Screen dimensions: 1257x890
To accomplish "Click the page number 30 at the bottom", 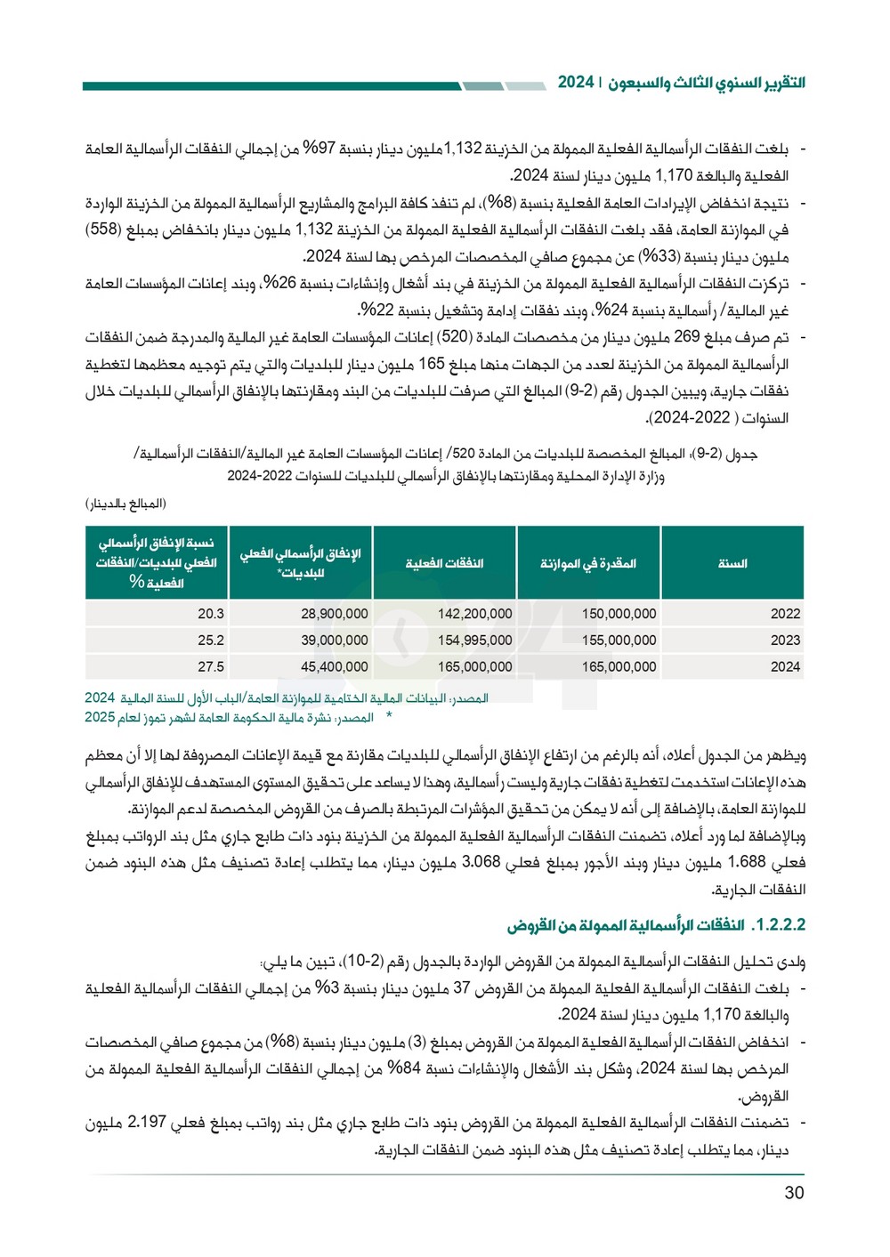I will tap(794, 1193).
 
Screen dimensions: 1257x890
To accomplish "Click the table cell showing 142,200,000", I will tap(474, 614).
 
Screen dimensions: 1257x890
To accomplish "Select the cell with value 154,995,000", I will tap(474, 641).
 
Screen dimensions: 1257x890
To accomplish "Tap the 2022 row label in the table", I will tap(785, 614).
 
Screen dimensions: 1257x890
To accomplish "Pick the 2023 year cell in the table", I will tap(785, 641).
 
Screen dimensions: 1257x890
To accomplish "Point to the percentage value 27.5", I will tap(211, 667).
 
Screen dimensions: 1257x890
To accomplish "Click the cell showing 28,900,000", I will tap(334, 614).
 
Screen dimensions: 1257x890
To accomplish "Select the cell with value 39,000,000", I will tap(334, 641).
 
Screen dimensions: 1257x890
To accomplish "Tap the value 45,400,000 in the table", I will tap(334, 667).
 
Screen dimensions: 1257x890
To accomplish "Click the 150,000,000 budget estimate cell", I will tap(619, 614).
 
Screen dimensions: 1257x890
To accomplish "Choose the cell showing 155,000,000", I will tap(619, 641).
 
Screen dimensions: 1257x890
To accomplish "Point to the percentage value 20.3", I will tap(211, 614).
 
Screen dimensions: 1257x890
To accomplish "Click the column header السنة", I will tap(732, 563).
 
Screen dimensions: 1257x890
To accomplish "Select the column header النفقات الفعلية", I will tap(444, 563).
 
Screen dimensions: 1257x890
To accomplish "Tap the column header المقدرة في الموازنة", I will tap(588, 563).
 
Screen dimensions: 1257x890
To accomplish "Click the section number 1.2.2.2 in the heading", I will tap(779, 925).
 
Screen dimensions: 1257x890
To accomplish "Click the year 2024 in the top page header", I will tap(576, 82).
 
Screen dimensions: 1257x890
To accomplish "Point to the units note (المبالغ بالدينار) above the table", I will tap(125, 504).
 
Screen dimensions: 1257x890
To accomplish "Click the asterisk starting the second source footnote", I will tap(388, 716).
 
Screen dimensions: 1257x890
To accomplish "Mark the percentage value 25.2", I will tap(211, 641).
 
